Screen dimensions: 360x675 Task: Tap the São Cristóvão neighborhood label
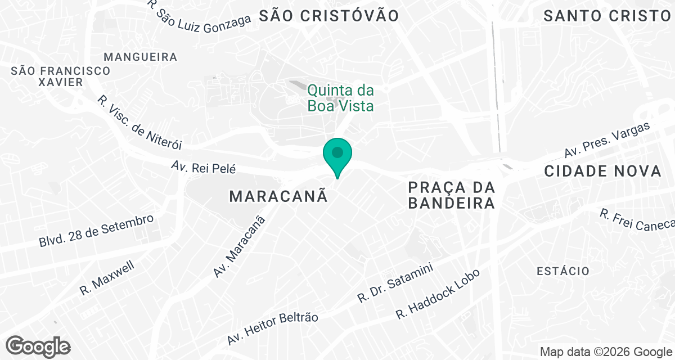coord(329,16)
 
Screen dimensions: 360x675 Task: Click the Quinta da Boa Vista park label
coord(340,98)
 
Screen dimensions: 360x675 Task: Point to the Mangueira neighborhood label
coord(141,57)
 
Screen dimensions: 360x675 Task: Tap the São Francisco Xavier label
coord(61,76)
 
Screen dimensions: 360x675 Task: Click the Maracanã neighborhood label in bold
coord(278,196)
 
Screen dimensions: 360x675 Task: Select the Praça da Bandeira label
coord(452,195)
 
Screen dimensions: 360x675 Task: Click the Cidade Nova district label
coord(602,172)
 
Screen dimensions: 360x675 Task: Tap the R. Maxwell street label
coord(107,278)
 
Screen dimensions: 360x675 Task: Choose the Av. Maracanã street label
coord(239,246)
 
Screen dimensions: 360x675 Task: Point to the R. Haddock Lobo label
coord(438,294)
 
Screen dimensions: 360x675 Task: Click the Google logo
coord(38,346)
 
